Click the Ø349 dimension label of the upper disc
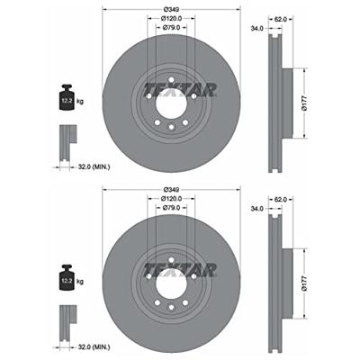pos(172,9)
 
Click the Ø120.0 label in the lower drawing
pos(171,199)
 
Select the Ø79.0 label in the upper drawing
pos(171,27)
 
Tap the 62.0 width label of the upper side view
pos(281,19)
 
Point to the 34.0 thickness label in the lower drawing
pos(257,209)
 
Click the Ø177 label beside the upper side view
pos(304,103)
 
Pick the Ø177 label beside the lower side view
pos(304,283)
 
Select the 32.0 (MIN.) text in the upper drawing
pos(94,166)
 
